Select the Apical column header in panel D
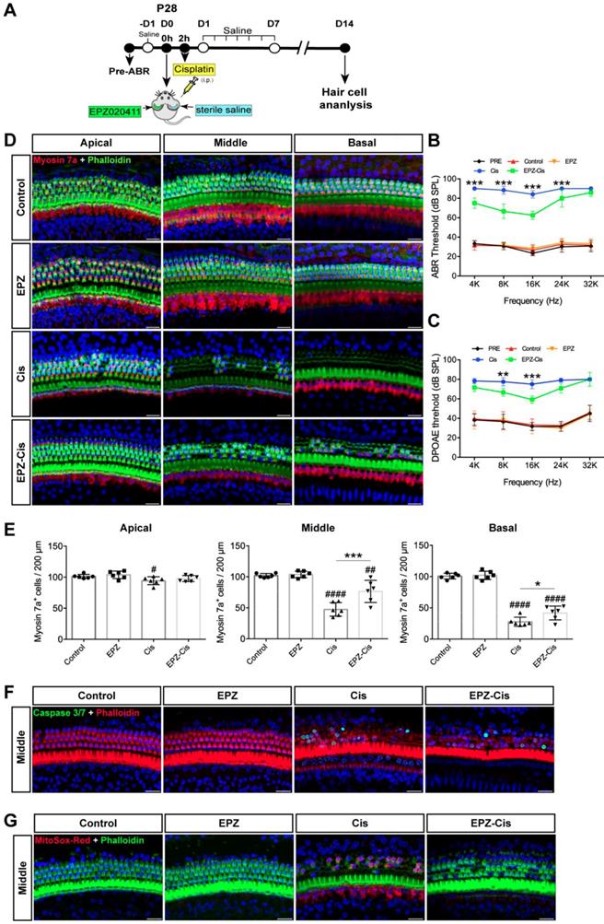96,143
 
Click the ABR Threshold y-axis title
444,228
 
